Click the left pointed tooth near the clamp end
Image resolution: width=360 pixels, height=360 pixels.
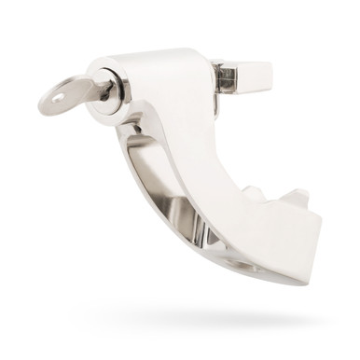(x=250, y=194)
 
